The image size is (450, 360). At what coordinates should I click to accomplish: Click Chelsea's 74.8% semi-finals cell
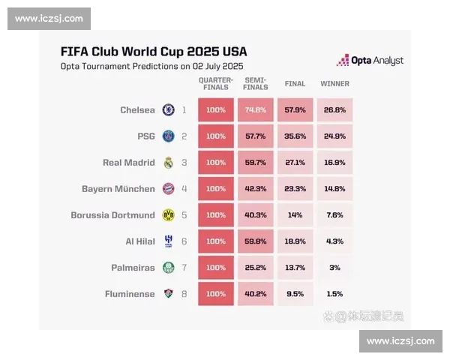[x=256, y=110]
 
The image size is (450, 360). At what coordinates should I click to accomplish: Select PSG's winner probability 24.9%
[x=335, y=136]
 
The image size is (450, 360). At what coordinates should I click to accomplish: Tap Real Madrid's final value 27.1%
[x=295, y=163]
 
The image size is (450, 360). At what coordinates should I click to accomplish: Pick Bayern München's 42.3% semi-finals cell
[x=256, y=189]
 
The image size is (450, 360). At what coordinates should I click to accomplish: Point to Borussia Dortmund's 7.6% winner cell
[x=335, y=215]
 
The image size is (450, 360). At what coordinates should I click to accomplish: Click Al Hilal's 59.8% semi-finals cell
[x=256, y=241]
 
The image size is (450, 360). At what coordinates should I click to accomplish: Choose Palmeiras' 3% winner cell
[x=335, y=268]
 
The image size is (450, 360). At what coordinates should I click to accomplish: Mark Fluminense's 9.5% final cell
[x=295, y=294]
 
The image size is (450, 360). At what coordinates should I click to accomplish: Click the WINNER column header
[x=335, y=84]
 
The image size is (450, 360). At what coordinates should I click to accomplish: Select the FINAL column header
[x=295, y=84]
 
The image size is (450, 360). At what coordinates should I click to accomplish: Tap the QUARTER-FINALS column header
[x=216, y=83]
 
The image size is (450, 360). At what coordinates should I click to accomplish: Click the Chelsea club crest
[x=169, y=110]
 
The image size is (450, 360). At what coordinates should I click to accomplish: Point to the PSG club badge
[x=169, y=136]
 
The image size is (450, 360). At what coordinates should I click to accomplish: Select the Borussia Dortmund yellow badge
[x=169, y=215]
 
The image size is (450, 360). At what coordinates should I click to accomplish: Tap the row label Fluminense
[x=130, y=294]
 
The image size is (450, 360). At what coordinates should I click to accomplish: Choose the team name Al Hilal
[x=140, y=241]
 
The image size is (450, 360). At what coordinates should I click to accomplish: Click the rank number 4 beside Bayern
[x=184, y=189]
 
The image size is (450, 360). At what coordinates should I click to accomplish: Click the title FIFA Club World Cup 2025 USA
[x=154, y=52]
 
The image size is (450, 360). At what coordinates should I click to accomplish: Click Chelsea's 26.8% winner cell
[x=335, y=110]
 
